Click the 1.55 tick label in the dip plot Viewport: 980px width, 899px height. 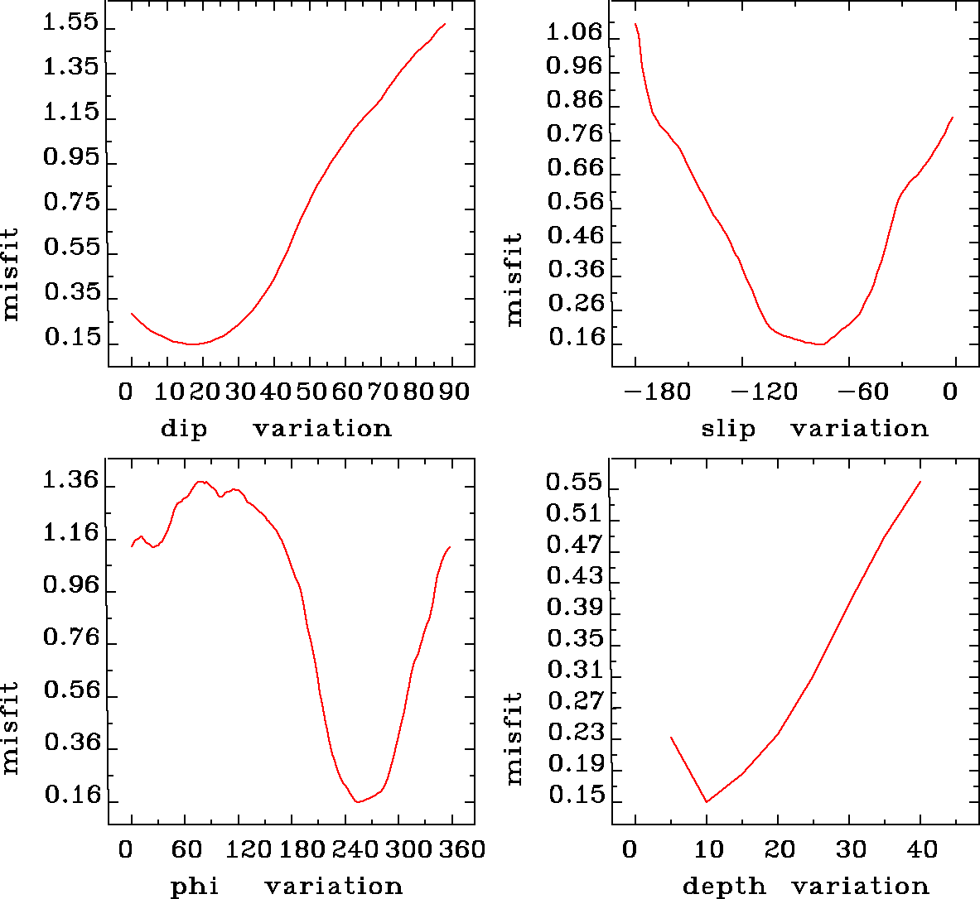coord(70,24)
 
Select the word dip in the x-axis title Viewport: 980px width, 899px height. coord(184,429)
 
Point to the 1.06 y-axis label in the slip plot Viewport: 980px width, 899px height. coord(574,32)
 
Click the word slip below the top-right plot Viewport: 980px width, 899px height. coord(728,429)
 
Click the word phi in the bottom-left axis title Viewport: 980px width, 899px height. coord(195,887)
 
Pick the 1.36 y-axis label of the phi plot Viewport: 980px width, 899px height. coord(70,482)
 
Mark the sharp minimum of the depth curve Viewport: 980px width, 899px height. coord(707,801)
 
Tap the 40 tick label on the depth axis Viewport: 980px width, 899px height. coord(920,849)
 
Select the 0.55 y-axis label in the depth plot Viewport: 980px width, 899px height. coord(574,482)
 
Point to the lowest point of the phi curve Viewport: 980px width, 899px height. coord(357,801)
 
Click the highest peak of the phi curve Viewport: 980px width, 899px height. coord(200,481)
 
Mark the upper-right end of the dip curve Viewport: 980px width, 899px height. coord(445,24)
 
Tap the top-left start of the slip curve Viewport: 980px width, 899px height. coord(635,24)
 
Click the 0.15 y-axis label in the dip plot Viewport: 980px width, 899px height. coord(70,339)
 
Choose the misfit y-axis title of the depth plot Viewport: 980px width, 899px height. coord(514,738)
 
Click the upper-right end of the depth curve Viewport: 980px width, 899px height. coord(920,482)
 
